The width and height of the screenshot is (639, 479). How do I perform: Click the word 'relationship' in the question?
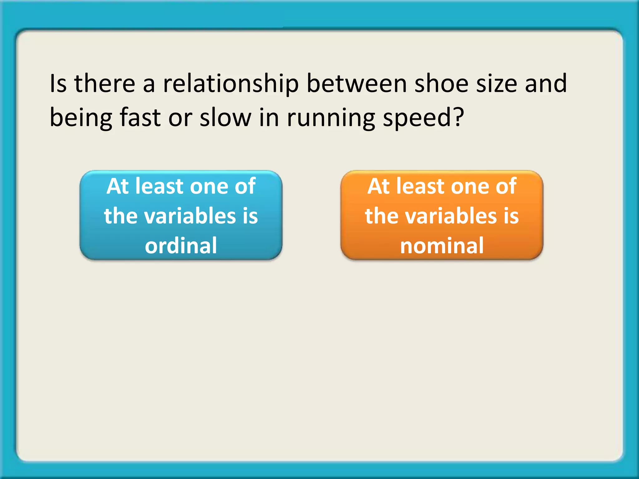click(231, 84)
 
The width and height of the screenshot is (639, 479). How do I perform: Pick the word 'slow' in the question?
click(226, 118)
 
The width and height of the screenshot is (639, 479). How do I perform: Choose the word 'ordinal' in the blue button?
click(181, 245)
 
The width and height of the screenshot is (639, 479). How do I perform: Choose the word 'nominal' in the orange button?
click(442, 245)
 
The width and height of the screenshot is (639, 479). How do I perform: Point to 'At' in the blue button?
click(118, 186)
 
